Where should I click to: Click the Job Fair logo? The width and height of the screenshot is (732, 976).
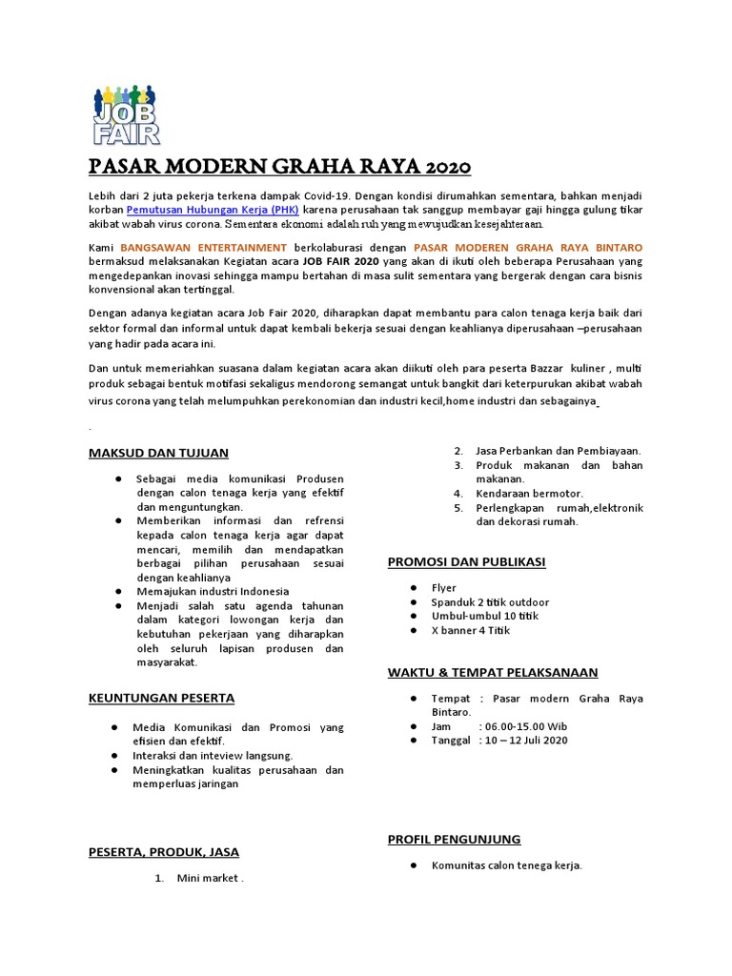(127, 114)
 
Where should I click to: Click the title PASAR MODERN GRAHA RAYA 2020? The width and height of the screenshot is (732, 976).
(279, 168)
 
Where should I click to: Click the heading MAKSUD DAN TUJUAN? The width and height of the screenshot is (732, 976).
(158, 453)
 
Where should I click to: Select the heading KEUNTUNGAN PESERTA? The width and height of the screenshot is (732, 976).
(161, 699)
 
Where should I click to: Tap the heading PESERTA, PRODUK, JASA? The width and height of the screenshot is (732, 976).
(163, 851)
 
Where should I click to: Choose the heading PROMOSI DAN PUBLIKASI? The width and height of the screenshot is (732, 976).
(466, 562)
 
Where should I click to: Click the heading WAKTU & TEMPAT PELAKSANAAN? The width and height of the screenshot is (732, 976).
(493, 672)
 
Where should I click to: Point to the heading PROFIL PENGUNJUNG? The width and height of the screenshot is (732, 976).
(454, 839)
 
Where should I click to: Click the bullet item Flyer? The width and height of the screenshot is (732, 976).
(444, 588)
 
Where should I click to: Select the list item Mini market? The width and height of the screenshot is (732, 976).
(210, 879)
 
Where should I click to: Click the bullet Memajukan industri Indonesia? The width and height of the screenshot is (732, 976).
(212, 591)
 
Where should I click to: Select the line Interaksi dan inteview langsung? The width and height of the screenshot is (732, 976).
(213, 756)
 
